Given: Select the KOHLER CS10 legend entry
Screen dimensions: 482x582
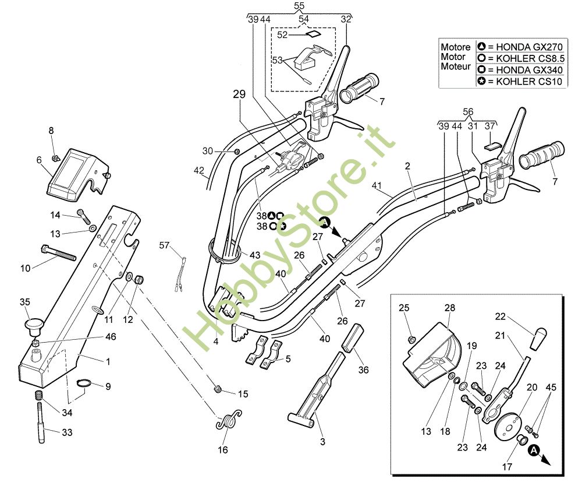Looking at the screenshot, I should [x=521, y=82].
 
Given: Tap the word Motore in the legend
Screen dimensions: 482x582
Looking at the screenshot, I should [x=456, y=47].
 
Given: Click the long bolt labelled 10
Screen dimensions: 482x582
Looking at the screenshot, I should [x=58, y=254].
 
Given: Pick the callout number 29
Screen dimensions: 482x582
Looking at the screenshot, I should [x=240, y=94].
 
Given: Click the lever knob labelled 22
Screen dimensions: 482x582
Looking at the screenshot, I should [x=540, y=336].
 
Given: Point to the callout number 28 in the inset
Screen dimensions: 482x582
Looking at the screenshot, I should [x=449, y=308].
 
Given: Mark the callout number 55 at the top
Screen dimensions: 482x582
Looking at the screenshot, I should [x=299, y=6].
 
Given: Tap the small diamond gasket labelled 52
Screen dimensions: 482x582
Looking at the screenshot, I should [x=315, y=34].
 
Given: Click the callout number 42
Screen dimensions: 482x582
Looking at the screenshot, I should [x=199, y=171].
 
